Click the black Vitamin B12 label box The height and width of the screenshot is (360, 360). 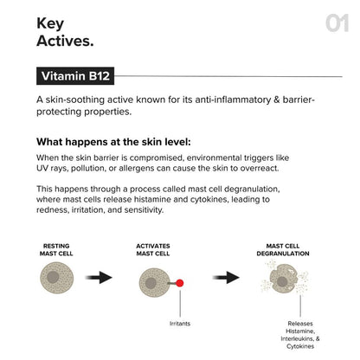(x=79, y=76)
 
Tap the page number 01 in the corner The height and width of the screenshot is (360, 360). (x=337, y=23)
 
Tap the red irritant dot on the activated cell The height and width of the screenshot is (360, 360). (x=179, y=283)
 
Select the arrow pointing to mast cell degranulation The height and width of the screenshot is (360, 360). (x=226, y=278)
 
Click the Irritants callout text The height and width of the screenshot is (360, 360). (x=179, y=325)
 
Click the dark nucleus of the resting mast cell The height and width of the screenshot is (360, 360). (x=52, y=278)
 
